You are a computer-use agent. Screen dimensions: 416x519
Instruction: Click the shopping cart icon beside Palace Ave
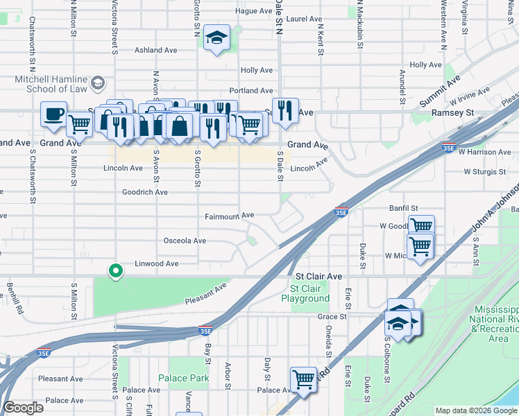click(303, 380)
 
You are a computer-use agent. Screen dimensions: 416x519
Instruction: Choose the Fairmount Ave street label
click(229, 216)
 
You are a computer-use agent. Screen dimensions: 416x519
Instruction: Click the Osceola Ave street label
click(184, 241)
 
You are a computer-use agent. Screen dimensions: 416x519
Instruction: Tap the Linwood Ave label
click(156, 263)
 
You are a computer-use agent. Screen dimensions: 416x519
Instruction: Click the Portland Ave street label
click(251, 91)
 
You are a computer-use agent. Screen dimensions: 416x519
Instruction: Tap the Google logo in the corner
click(23, 408)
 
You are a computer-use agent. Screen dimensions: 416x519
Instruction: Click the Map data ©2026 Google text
click(476, 410)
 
